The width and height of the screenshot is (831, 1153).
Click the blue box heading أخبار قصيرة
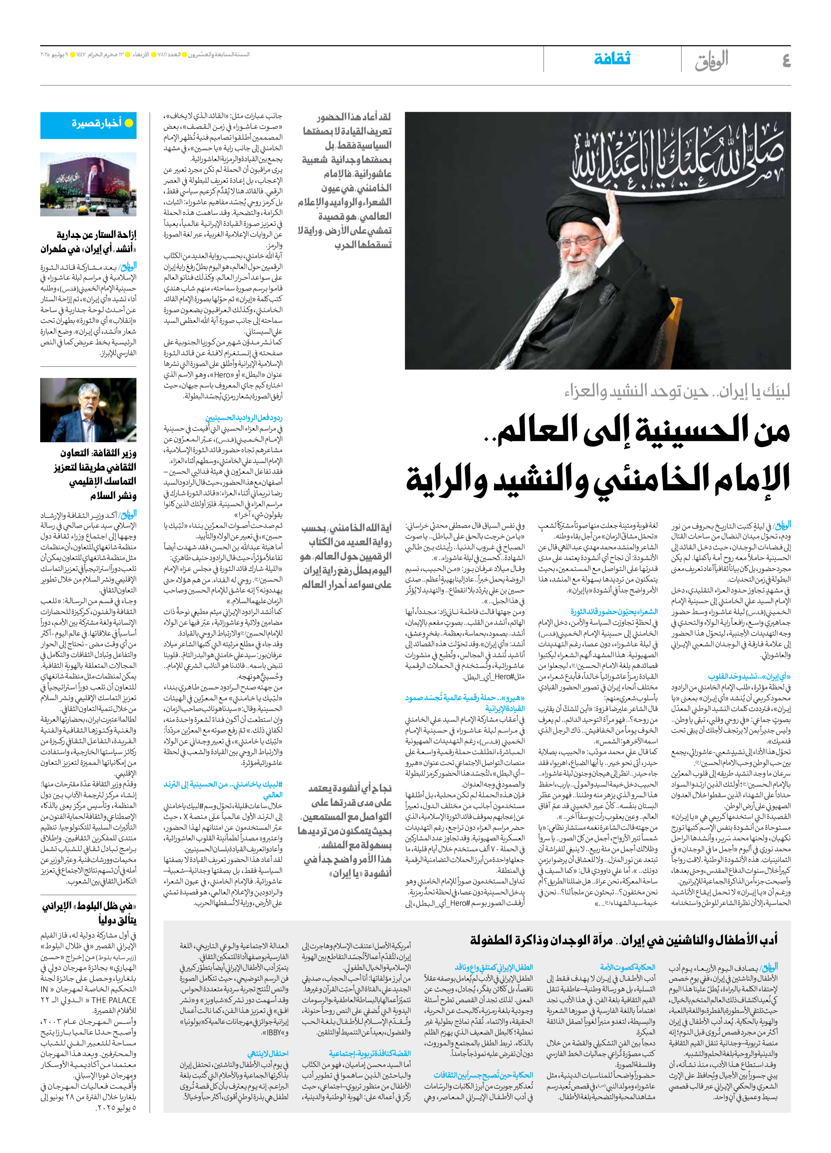click(x=97, y=124)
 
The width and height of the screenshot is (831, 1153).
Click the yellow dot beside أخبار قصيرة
click(x=129, y=124)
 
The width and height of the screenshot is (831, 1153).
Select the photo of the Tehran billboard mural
click(x=88, y=184)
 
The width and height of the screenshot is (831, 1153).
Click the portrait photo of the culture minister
click(x=88, y=410)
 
